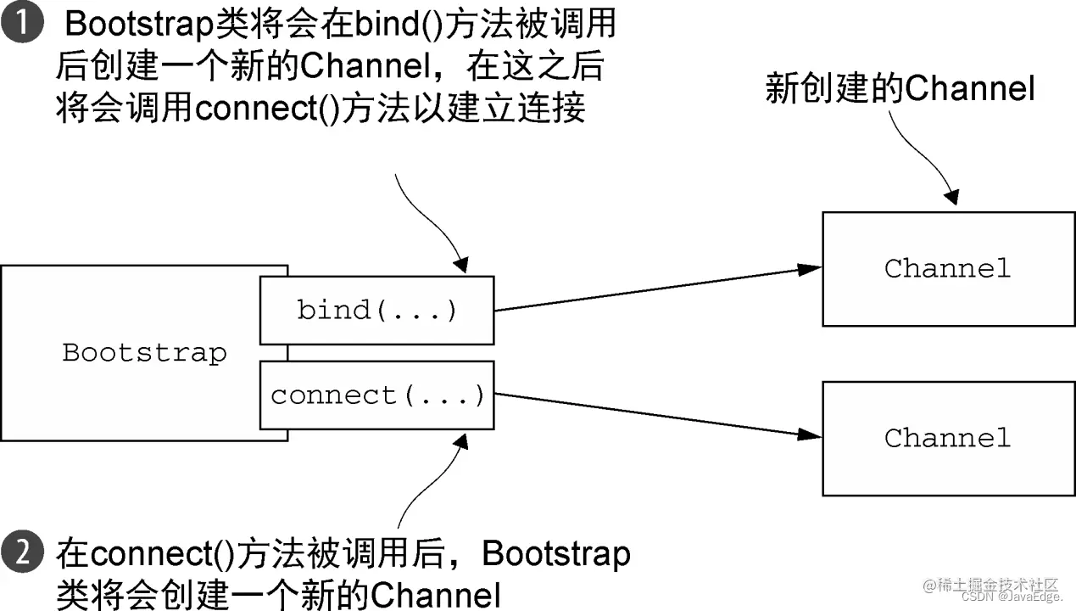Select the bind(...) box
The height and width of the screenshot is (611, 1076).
pyautogui.click(x=376, y=311)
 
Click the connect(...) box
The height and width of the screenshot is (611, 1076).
pyautogui.click(x=376, y=395)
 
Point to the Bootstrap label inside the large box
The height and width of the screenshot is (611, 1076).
pyautogui.click(x=144, y=353)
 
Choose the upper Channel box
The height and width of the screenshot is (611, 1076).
pyautogui.click(x=947, y=269)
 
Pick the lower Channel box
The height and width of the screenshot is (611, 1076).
pyautogui.click(x=947, y=438)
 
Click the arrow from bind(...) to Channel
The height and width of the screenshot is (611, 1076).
pyautogui.click(x=657, y=289)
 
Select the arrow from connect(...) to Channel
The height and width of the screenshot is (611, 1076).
pyautogui.click(x=657, y=415)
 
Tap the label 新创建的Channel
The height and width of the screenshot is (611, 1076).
pyautogui.click(x=900, y=88)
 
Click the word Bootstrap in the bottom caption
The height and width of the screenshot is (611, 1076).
pyautogui.click(x=556, y=554)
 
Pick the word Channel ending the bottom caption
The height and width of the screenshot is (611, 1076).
pyautogui.click(x=436, y=594)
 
